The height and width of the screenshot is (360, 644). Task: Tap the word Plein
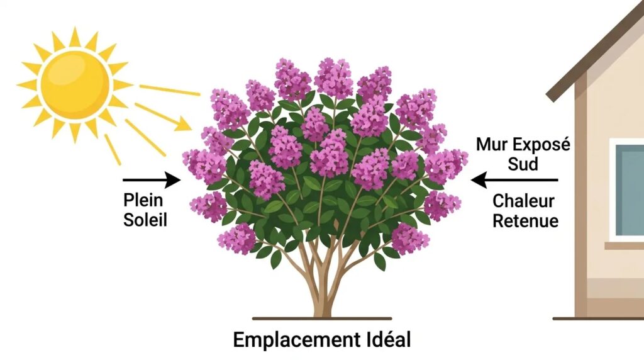(143, 201)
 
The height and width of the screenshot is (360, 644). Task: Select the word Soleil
(145, 220)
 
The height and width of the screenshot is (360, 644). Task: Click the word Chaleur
(523, 201)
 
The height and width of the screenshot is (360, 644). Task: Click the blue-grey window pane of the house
(630, 189)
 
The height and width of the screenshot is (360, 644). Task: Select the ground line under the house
(597, 318)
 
